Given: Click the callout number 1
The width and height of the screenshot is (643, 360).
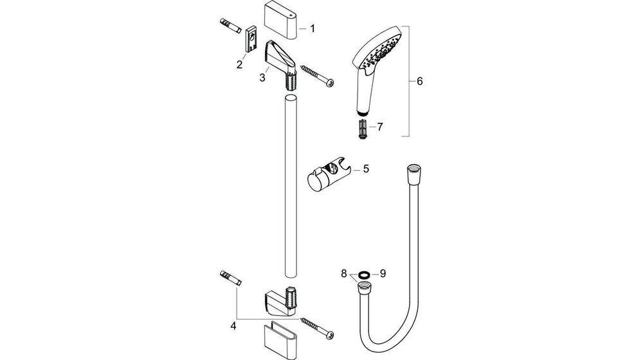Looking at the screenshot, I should click(312, 28).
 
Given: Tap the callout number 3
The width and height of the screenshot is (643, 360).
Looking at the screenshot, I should click(262, 78).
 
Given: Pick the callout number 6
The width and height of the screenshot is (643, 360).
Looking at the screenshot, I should click(419, 82).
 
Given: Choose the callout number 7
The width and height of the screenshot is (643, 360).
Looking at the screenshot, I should click(379, 127).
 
